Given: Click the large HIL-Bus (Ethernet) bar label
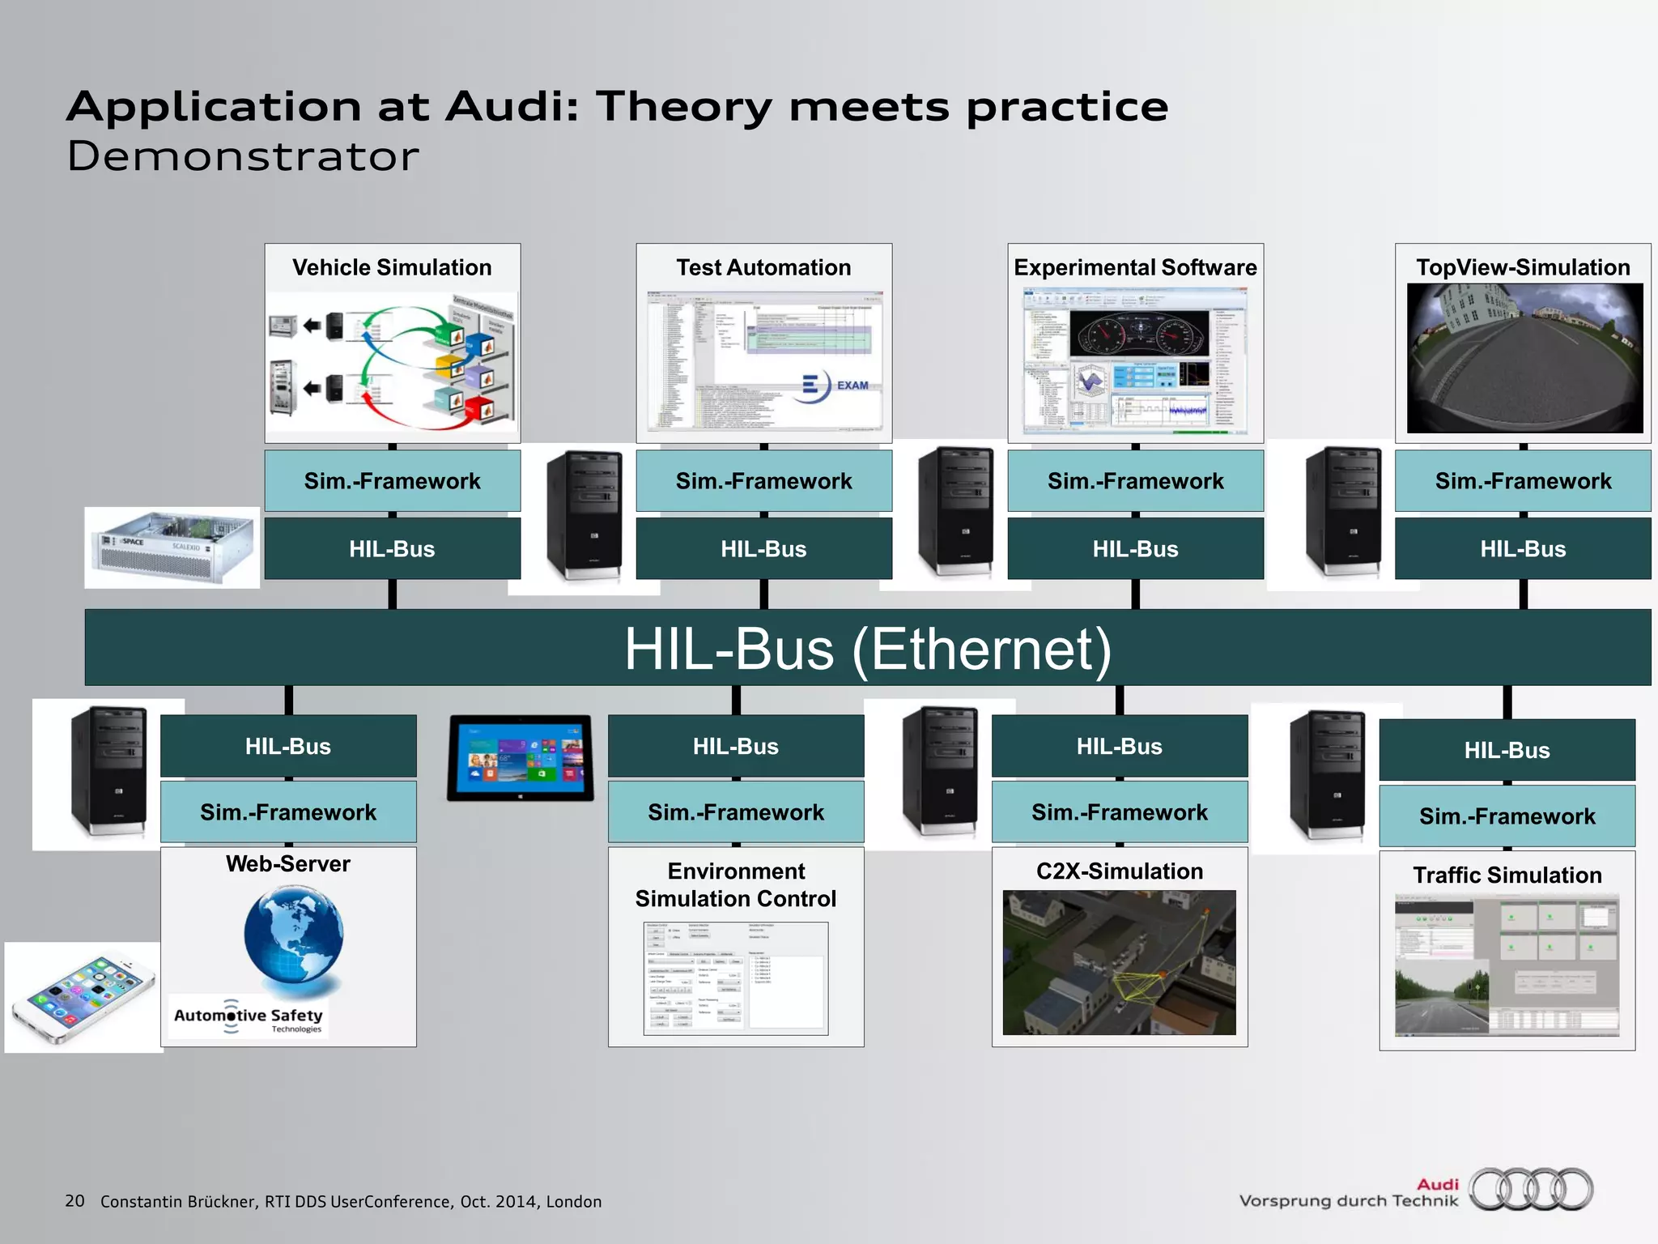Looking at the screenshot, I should click(x=868, y=649).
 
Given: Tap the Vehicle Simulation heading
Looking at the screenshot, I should click(x=392, y=267).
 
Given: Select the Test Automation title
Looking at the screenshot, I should click(x=763, y=267).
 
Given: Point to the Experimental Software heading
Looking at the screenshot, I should click(x=1135, y=267).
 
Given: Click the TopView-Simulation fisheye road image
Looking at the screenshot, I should click(x=1524, y=358).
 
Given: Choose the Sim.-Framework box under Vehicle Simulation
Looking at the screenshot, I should click(x=392, y=481).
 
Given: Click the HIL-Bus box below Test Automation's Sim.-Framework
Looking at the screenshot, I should click(x=763, y=549).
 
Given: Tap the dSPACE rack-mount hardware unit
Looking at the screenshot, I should click(x=172, y=547).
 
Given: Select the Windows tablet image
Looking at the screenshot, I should click(x=521, y=758).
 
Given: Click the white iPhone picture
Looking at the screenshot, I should click(x=83, y=998).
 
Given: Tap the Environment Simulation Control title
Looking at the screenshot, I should click(x=736, y=884).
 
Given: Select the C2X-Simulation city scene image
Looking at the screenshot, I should click(x=1119, y=962).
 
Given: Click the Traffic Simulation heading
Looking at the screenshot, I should click(x=1507, y=875).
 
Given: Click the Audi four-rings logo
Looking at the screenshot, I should click(x=1531, y=1190).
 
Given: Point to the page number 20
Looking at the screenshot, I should click(x=74, y=1200).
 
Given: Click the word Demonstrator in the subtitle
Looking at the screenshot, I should click(x=243, y=156).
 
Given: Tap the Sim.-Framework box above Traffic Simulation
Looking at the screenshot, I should click(x=1507, y=816).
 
